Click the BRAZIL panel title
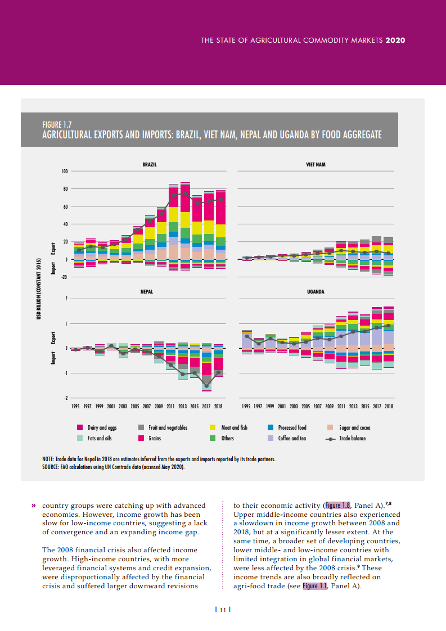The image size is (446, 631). coord(149,164)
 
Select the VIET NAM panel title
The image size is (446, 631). coord(316,164)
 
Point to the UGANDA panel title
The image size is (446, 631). coord(316,292)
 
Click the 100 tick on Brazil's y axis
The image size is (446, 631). coord(64,171)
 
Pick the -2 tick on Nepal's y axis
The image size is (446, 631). coord(66,398)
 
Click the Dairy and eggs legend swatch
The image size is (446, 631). coord(80,428)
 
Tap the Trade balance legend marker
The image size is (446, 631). coord(332,438)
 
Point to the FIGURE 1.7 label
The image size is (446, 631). coord(57,124)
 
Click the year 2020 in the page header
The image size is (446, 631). coord(395,40)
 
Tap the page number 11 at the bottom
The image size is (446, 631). coord(223,610)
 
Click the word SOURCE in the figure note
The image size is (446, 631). coord(44,467)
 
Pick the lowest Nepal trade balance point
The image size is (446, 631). coord(206,386)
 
